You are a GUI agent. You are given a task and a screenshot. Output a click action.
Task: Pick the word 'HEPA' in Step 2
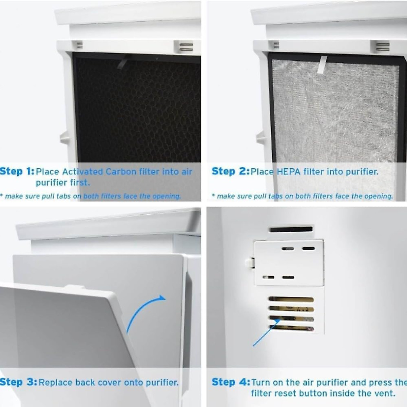(288, 172)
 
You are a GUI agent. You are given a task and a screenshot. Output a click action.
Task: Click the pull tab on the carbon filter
(123, 61)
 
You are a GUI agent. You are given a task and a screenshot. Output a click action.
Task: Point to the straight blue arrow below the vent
(266, 332)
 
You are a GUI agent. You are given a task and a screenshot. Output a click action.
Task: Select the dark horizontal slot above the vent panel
(291, 229)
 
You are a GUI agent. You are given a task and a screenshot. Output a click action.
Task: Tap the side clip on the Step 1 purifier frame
(64, 138)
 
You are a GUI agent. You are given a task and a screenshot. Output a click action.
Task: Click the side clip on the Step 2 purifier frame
(260, 138)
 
